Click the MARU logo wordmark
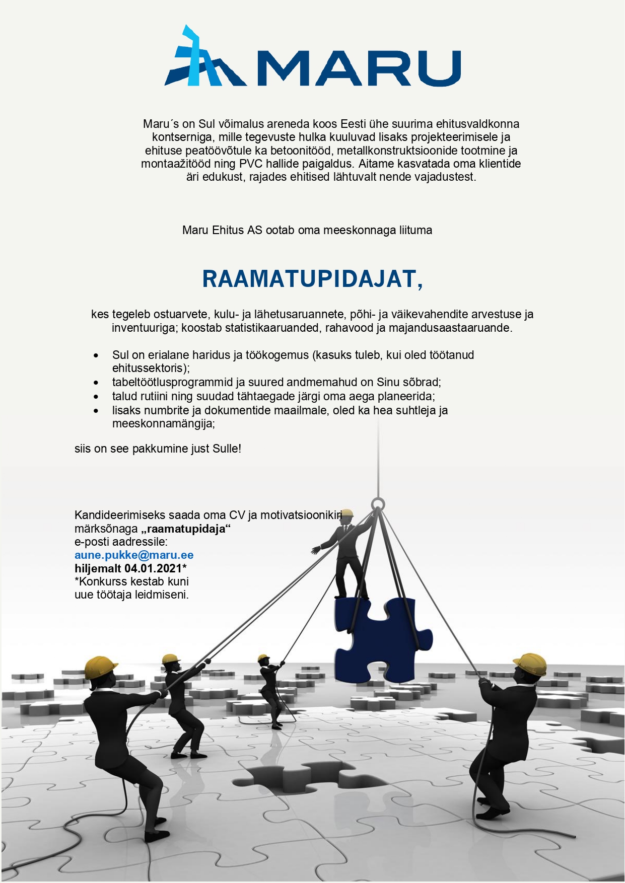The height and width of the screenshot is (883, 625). pyautogui.click(x=359, y=68)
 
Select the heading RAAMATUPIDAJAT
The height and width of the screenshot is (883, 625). pyautogui.click(x=312, y=279)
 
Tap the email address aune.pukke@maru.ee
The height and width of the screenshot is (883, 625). pyautogui.click(x=134, y=555)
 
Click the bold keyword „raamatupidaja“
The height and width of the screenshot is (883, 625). pyautogui.click(x=185, y=529)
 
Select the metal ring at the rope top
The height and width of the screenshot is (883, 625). pyautogui.click(x=378, y=504)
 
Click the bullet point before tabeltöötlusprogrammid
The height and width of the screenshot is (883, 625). pyautogui.click(x=96, y=383)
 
